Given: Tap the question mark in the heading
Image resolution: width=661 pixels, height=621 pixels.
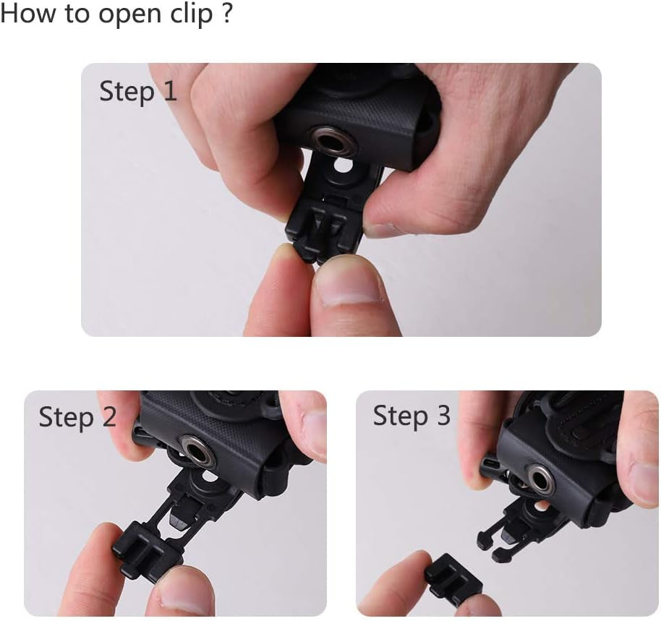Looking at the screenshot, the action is (x=226, y=12).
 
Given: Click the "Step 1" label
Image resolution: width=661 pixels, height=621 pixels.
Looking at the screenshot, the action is (x=138, y=92).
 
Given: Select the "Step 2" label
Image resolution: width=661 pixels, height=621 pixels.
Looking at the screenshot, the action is (x=77, y=418).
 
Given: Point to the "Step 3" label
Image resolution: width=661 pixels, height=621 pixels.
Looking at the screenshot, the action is (x=412, y=416).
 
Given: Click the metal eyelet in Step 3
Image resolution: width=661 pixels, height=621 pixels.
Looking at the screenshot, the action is (x=542, y=479).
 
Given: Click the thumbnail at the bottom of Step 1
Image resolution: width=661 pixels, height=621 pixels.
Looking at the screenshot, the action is (x=348, y=288).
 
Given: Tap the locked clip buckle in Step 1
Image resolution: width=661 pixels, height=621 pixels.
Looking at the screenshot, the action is (x=324, y=232).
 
